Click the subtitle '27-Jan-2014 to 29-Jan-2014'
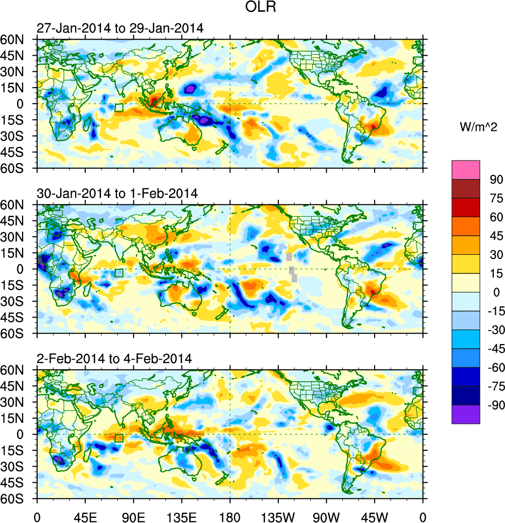point(120,28)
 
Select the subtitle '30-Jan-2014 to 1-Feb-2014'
point(117,193)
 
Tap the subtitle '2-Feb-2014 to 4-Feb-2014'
point(114,358)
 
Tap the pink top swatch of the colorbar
point(466,170)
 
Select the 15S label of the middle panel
point(19,285)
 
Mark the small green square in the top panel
point(119,108)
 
